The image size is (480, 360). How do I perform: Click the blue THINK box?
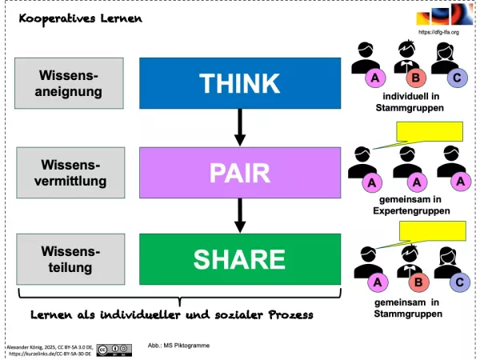tap(240, 82)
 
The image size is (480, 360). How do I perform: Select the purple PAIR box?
tap(240, 171)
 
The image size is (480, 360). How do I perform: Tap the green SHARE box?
tap(240, 258)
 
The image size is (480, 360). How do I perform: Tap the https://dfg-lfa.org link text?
tap(438, 32)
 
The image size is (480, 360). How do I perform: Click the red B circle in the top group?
tap(415, 78)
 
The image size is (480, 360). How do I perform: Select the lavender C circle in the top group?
tap(456, 78)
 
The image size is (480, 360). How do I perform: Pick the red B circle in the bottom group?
tap(415, 282)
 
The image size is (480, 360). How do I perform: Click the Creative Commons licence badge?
tap(114, 350)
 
